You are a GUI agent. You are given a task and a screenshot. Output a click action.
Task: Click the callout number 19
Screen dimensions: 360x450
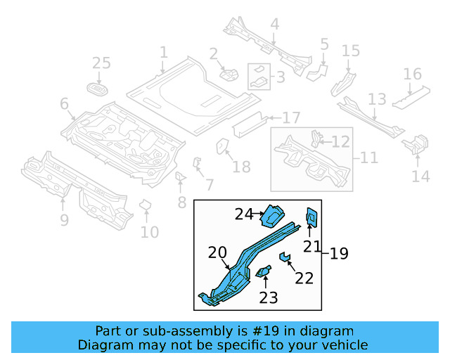point(339,253)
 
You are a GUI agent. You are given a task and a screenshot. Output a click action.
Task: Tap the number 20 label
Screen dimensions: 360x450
point(218,253)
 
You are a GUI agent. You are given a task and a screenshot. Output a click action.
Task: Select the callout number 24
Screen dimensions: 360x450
point(243,214)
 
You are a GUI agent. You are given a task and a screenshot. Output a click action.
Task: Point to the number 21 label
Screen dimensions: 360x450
point(312,246)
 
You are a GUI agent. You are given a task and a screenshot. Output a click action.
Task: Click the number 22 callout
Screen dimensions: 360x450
point(304,278)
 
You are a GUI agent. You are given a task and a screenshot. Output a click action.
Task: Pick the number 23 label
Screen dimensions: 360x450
point(269,297)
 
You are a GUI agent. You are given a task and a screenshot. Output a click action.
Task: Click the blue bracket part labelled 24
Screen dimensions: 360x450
point(271,214)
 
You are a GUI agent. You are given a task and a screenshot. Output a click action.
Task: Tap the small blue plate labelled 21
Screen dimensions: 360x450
point(310,218)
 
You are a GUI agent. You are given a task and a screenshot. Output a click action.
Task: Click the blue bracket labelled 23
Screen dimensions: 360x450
point(264,271)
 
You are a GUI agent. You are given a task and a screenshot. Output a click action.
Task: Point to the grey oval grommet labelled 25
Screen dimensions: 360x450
point(98,89)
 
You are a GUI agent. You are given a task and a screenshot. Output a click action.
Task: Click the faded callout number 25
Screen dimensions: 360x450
point(101,64)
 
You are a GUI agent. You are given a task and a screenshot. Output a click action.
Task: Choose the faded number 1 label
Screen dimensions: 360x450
point(163,52)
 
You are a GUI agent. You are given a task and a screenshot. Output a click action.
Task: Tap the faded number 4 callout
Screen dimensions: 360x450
point(274,25)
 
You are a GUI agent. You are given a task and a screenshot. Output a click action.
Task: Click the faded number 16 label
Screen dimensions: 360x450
point(412,75)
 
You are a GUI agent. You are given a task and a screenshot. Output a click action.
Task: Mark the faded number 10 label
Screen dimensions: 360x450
point(149,232)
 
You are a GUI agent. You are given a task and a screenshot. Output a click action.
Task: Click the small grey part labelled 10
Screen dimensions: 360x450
point(146,205)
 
